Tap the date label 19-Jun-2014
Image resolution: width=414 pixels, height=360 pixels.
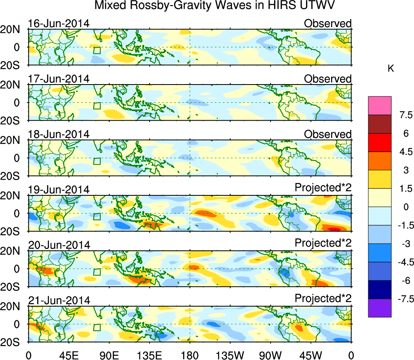coord(59,190)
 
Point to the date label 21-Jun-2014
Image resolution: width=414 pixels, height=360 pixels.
coord(59,301)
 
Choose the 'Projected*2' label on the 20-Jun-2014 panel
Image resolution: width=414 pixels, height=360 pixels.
coord(323,245)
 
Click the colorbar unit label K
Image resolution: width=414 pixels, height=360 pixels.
coord(391,69)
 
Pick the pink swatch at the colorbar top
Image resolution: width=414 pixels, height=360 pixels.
coord(380,106)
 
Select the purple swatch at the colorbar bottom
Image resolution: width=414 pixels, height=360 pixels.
coord(380,308)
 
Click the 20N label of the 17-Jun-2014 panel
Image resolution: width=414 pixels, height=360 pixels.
coord(13,85)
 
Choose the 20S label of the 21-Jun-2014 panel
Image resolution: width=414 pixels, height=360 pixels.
coord(13,342)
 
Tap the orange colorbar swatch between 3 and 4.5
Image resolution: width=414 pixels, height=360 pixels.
coord(380,161)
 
